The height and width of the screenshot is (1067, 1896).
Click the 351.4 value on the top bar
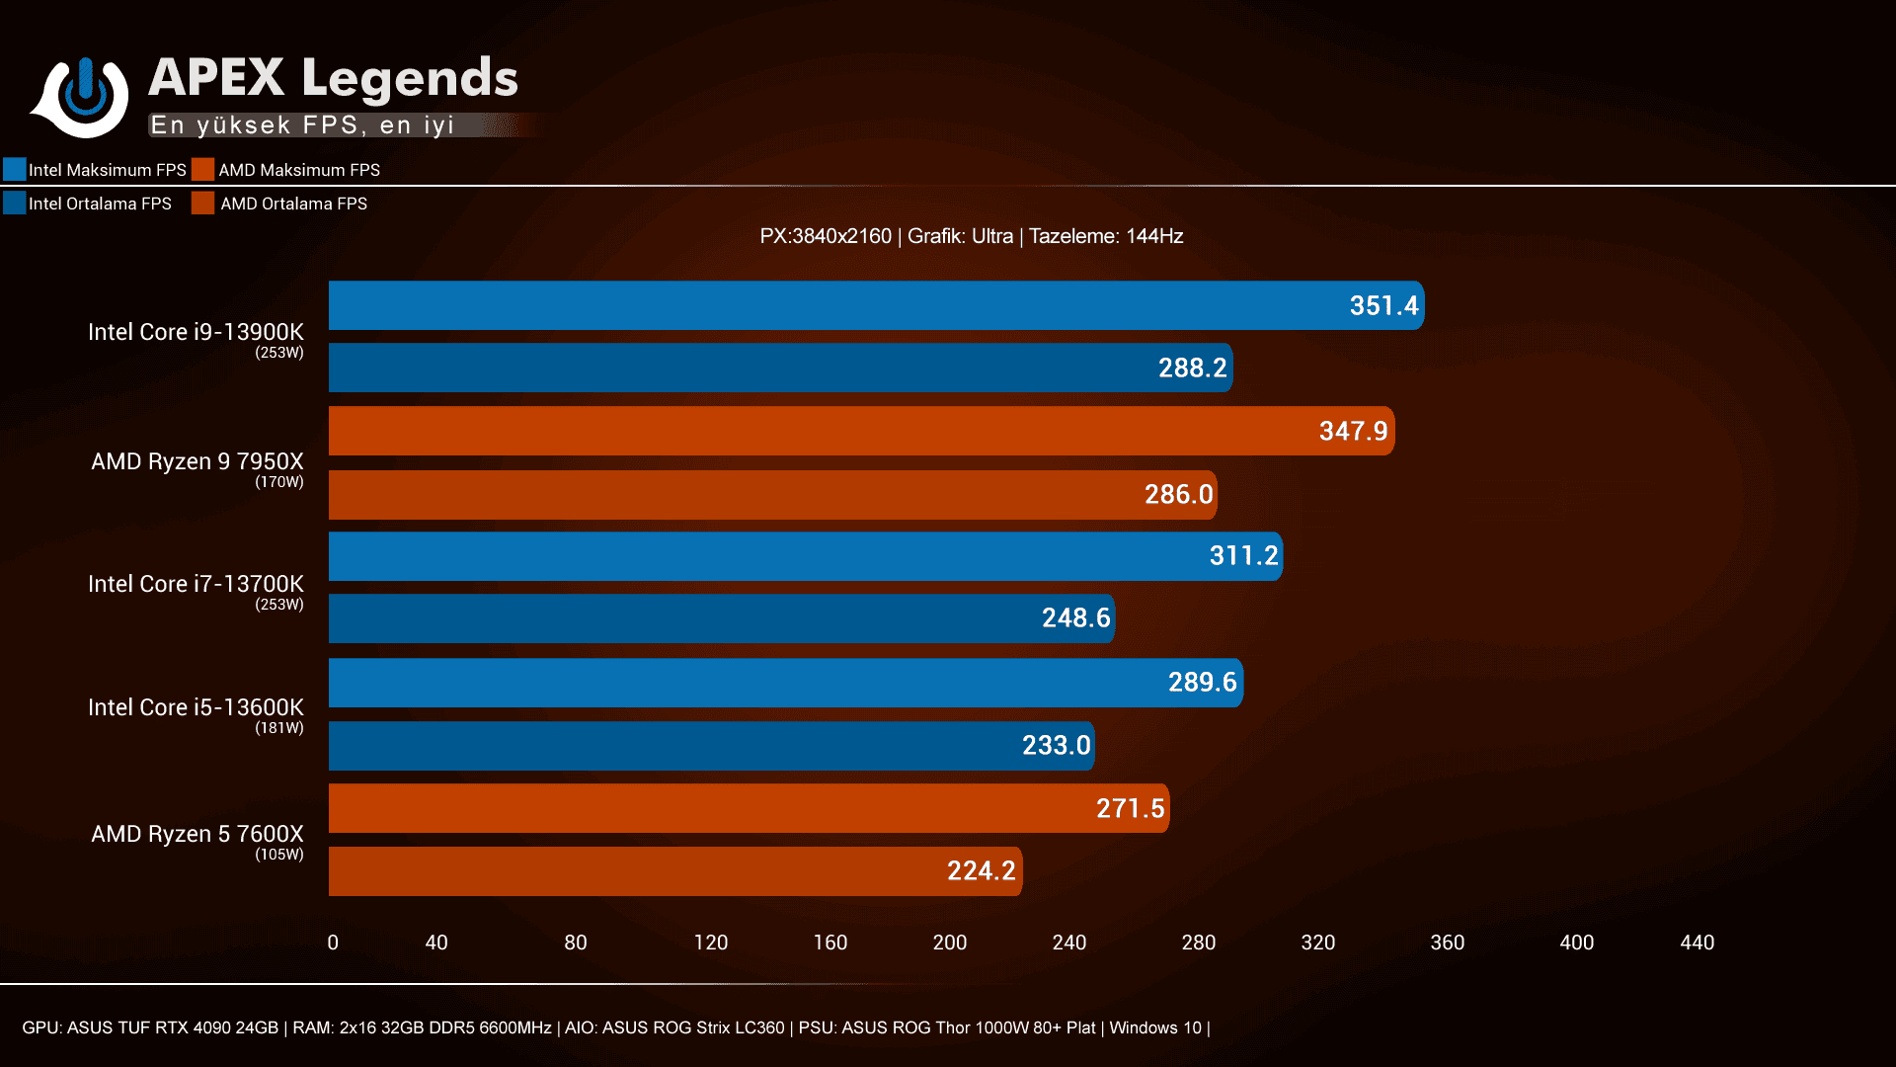pyautogui.click(x=1382, y=306)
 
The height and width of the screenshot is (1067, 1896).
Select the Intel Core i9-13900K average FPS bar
pyautogui.click(x=780, y=368)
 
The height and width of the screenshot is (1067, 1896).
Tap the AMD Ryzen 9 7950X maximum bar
pyautogui.click(x=859, y=431)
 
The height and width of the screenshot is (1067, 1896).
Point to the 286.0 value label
pyautogui.click(x=1178, y=494)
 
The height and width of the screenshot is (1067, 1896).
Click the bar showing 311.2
pyautogui.click(x=805, y=556)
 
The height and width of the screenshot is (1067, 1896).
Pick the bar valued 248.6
pyautogui.click(x=721, y=618)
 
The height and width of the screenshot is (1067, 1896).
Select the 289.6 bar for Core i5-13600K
pyautogui.click(x=785, y=683)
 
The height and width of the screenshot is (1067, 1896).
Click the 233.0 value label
pyautogui.click(x=1056, y=745)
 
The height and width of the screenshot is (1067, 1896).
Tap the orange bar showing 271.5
pyautogui.click(x=749, y=808)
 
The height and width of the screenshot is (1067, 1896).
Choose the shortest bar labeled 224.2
pyautogui.click(x=675, y=871)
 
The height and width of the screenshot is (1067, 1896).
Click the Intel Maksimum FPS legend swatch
pyautogui.click(x=15, y=169)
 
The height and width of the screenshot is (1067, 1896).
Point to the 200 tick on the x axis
pyautogui.click(x=949, y=943)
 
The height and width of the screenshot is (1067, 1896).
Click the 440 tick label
pyautogui.click(x=1697, y=943)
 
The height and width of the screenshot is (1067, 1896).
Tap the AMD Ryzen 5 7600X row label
pyautogui.click(x=197, y=834)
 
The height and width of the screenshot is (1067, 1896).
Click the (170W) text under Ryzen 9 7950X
pyautogui.click(x=278, y=482)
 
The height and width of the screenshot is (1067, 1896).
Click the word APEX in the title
pyautogui.click(x=216, y=78)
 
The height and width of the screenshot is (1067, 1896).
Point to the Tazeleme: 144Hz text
pyautogui.click(x=1106, y=236)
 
